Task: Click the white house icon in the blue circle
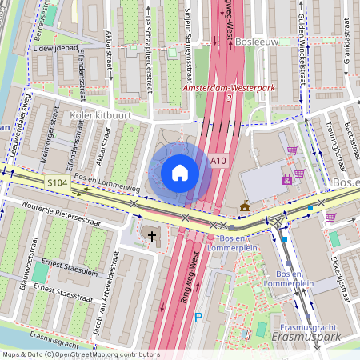pyautogui.click(x=180, y=173)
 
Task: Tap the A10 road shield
pyautogui.click(x=219, y=161)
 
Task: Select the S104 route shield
pyautogui.click(x=57, y=183)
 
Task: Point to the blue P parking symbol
pyautogui.click(x=198, y=318)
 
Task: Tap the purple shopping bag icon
pyautogui.click(x=286, y=179)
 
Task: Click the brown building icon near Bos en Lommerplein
pyautogui.click(x=244, y=207)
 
